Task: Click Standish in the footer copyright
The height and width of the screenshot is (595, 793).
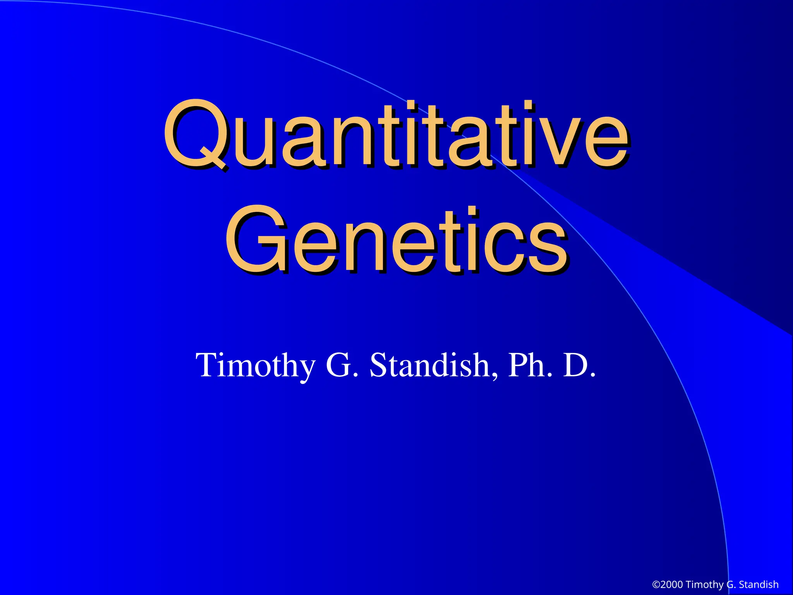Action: click(759, 585)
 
